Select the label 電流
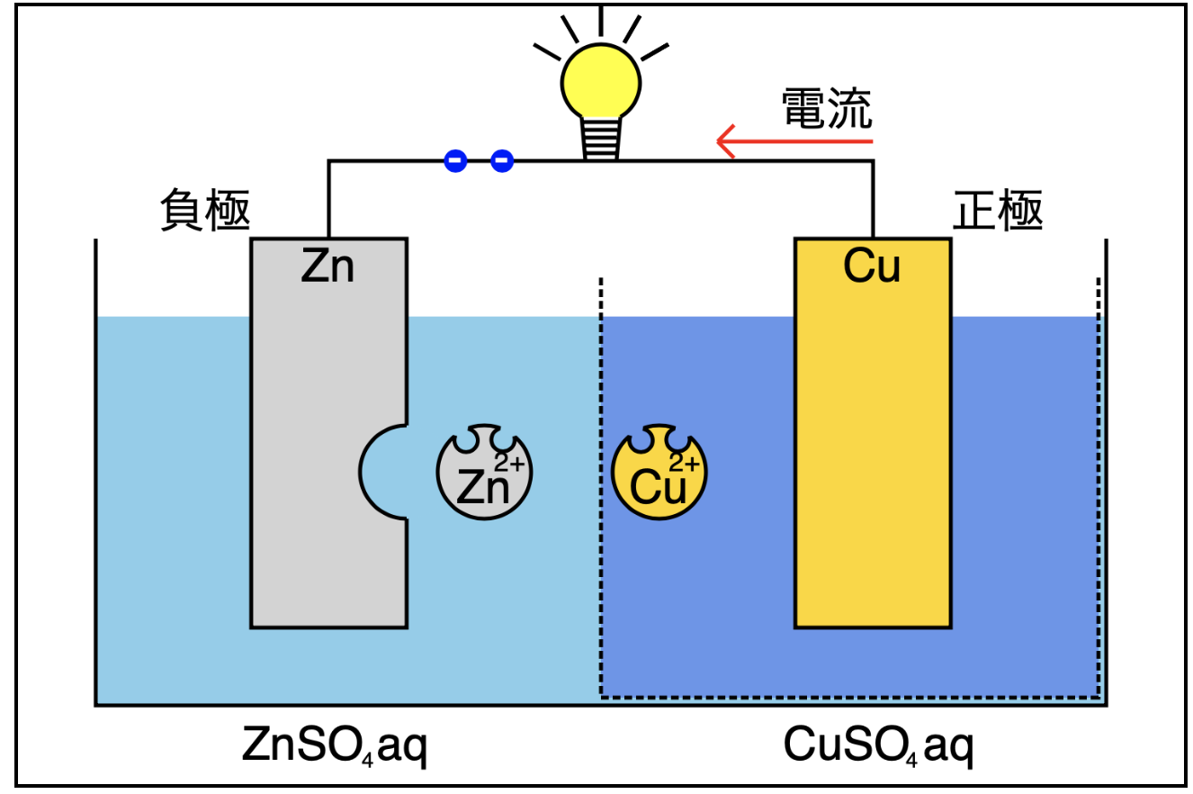click(825, 107)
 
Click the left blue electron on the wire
click(456, 162)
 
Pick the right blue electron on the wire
click(502, 162)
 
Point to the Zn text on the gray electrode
click(327, 266)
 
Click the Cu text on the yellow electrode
click(872, 266)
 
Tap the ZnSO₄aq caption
click(334, 746)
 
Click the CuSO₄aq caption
click(877, 746)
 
